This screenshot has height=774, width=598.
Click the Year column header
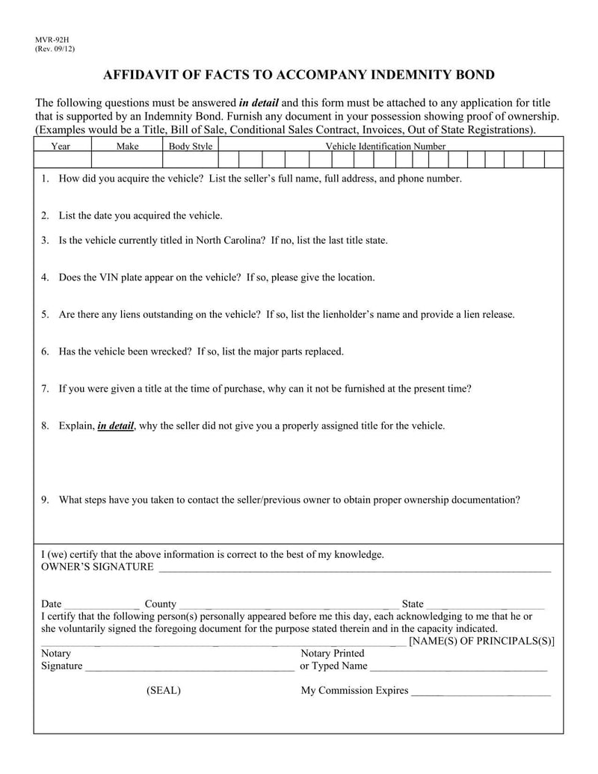pos(61,147)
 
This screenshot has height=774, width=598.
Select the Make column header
pos(128,147)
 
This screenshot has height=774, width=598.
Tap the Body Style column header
pos(191,147)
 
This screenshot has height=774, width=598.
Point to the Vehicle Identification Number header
pos(385,147)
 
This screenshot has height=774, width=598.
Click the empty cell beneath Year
pos(62,159)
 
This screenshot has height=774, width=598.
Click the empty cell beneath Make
pos(128,159)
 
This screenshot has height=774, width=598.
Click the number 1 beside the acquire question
pos(45,179)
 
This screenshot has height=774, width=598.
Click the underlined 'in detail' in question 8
pos(115,426)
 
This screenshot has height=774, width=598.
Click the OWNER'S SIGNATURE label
pos(97,567)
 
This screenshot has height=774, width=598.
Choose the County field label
pos(161,604)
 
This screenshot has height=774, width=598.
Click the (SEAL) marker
pos(164,691)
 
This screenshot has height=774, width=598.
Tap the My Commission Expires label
pos(354,691)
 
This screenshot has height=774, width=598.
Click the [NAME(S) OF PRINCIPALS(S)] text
pos(481,642)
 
